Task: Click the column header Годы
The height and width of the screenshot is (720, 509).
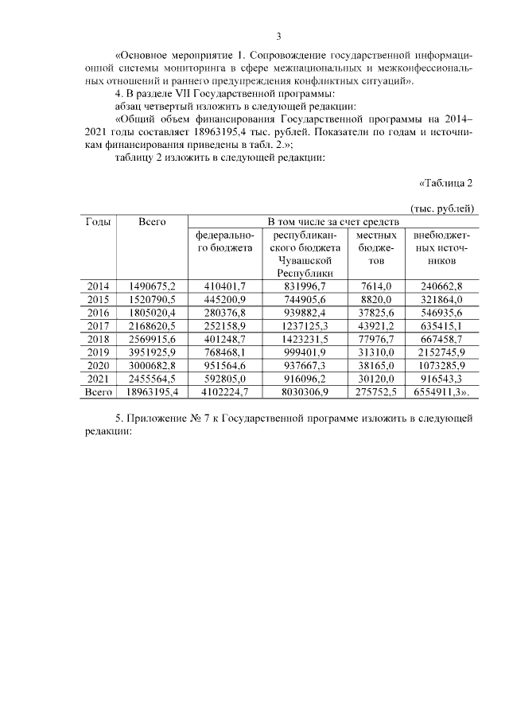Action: point(98,222)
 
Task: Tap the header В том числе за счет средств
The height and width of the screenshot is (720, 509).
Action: point(332,222)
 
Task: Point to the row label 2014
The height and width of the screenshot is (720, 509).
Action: point(98,286)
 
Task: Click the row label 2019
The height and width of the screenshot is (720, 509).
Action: point(98,353)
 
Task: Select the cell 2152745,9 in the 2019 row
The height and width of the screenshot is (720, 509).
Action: point(440,353)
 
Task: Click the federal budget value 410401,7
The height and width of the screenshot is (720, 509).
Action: point(225,286)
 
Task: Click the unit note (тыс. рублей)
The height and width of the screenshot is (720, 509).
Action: point(443,208)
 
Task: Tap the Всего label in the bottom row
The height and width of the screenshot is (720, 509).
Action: point(98,393)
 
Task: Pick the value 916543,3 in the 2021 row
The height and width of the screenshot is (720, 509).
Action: point(440,379)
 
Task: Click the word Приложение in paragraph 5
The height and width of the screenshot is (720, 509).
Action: point(157,418)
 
